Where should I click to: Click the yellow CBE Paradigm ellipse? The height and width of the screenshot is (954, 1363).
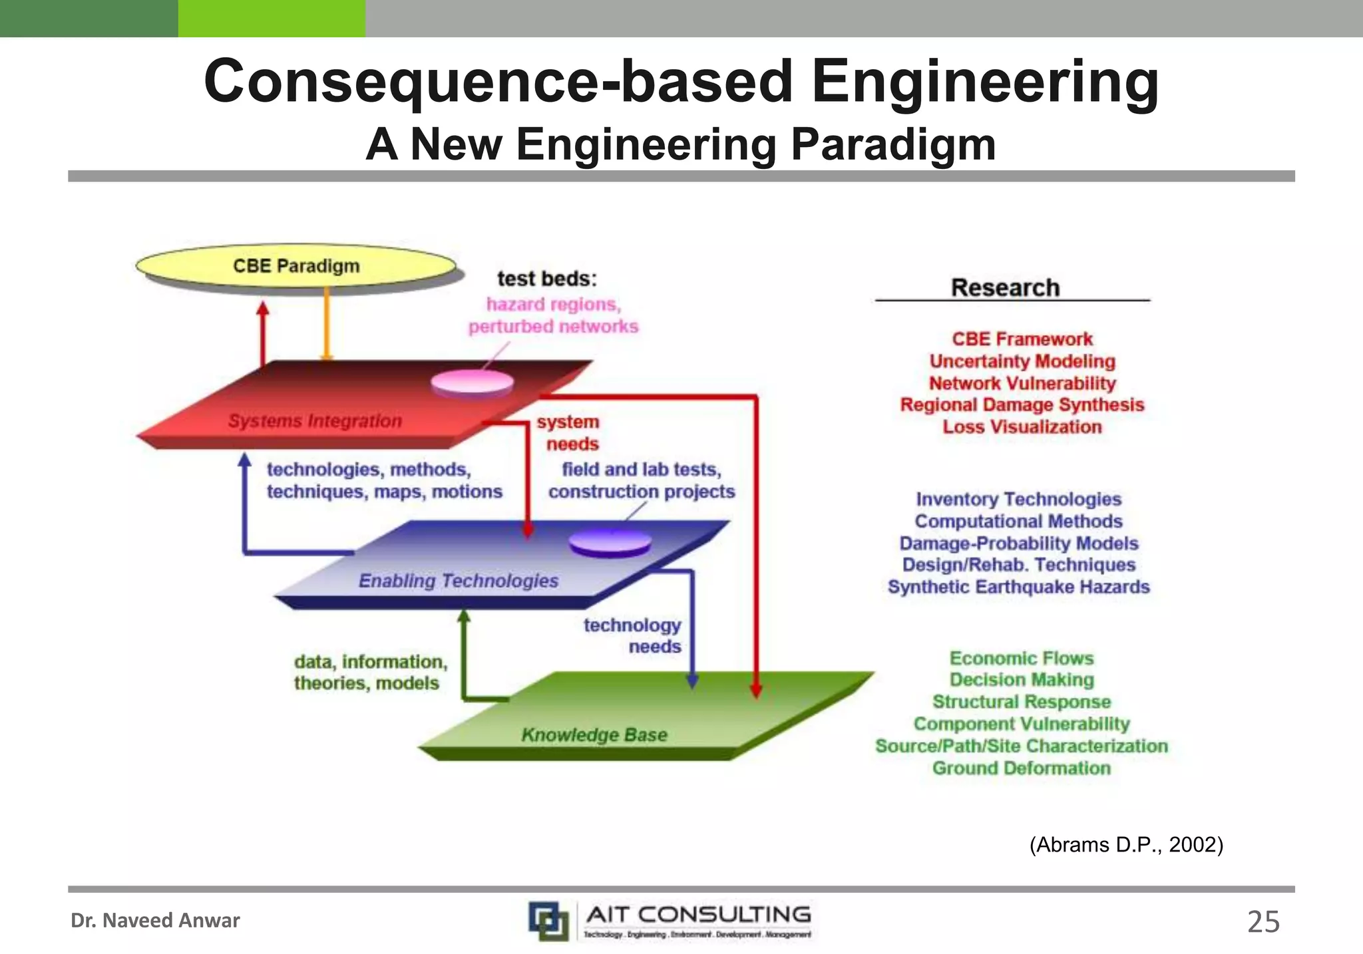[296, 265]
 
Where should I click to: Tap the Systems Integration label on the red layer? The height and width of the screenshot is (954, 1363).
[315, 421]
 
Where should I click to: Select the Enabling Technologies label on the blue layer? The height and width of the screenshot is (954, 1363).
[459, 581]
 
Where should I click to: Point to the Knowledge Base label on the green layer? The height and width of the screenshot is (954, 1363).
[594, 734]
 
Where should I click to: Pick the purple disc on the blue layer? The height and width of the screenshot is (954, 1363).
[610, 543]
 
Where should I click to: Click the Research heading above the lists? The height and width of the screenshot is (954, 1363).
[1005, 288]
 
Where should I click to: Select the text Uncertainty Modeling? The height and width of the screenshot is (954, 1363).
[1022, 361]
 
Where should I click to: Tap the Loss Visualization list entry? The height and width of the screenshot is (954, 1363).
[1022, 427]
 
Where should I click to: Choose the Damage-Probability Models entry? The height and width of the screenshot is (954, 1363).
[1019, 544]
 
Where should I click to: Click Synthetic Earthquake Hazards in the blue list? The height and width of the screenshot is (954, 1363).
[1019, 587]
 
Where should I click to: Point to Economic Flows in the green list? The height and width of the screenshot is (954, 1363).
[1022, 658]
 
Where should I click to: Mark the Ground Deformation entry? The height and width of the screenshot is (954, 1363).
[1022, 768]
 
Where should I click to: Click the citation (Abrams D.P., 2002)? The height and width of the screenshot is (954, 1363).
[1126, 845]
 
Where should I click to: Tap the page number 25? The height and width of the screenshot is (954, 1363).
[1263, 922]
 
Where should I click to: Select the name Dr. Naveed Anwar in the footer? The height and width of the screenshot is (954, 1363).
[155, 921]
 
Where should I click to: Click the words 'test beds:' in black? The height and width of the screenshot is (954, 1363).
[547, 279]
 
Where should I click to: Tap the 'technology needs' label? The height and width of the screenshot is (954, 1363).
[633, 636]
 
